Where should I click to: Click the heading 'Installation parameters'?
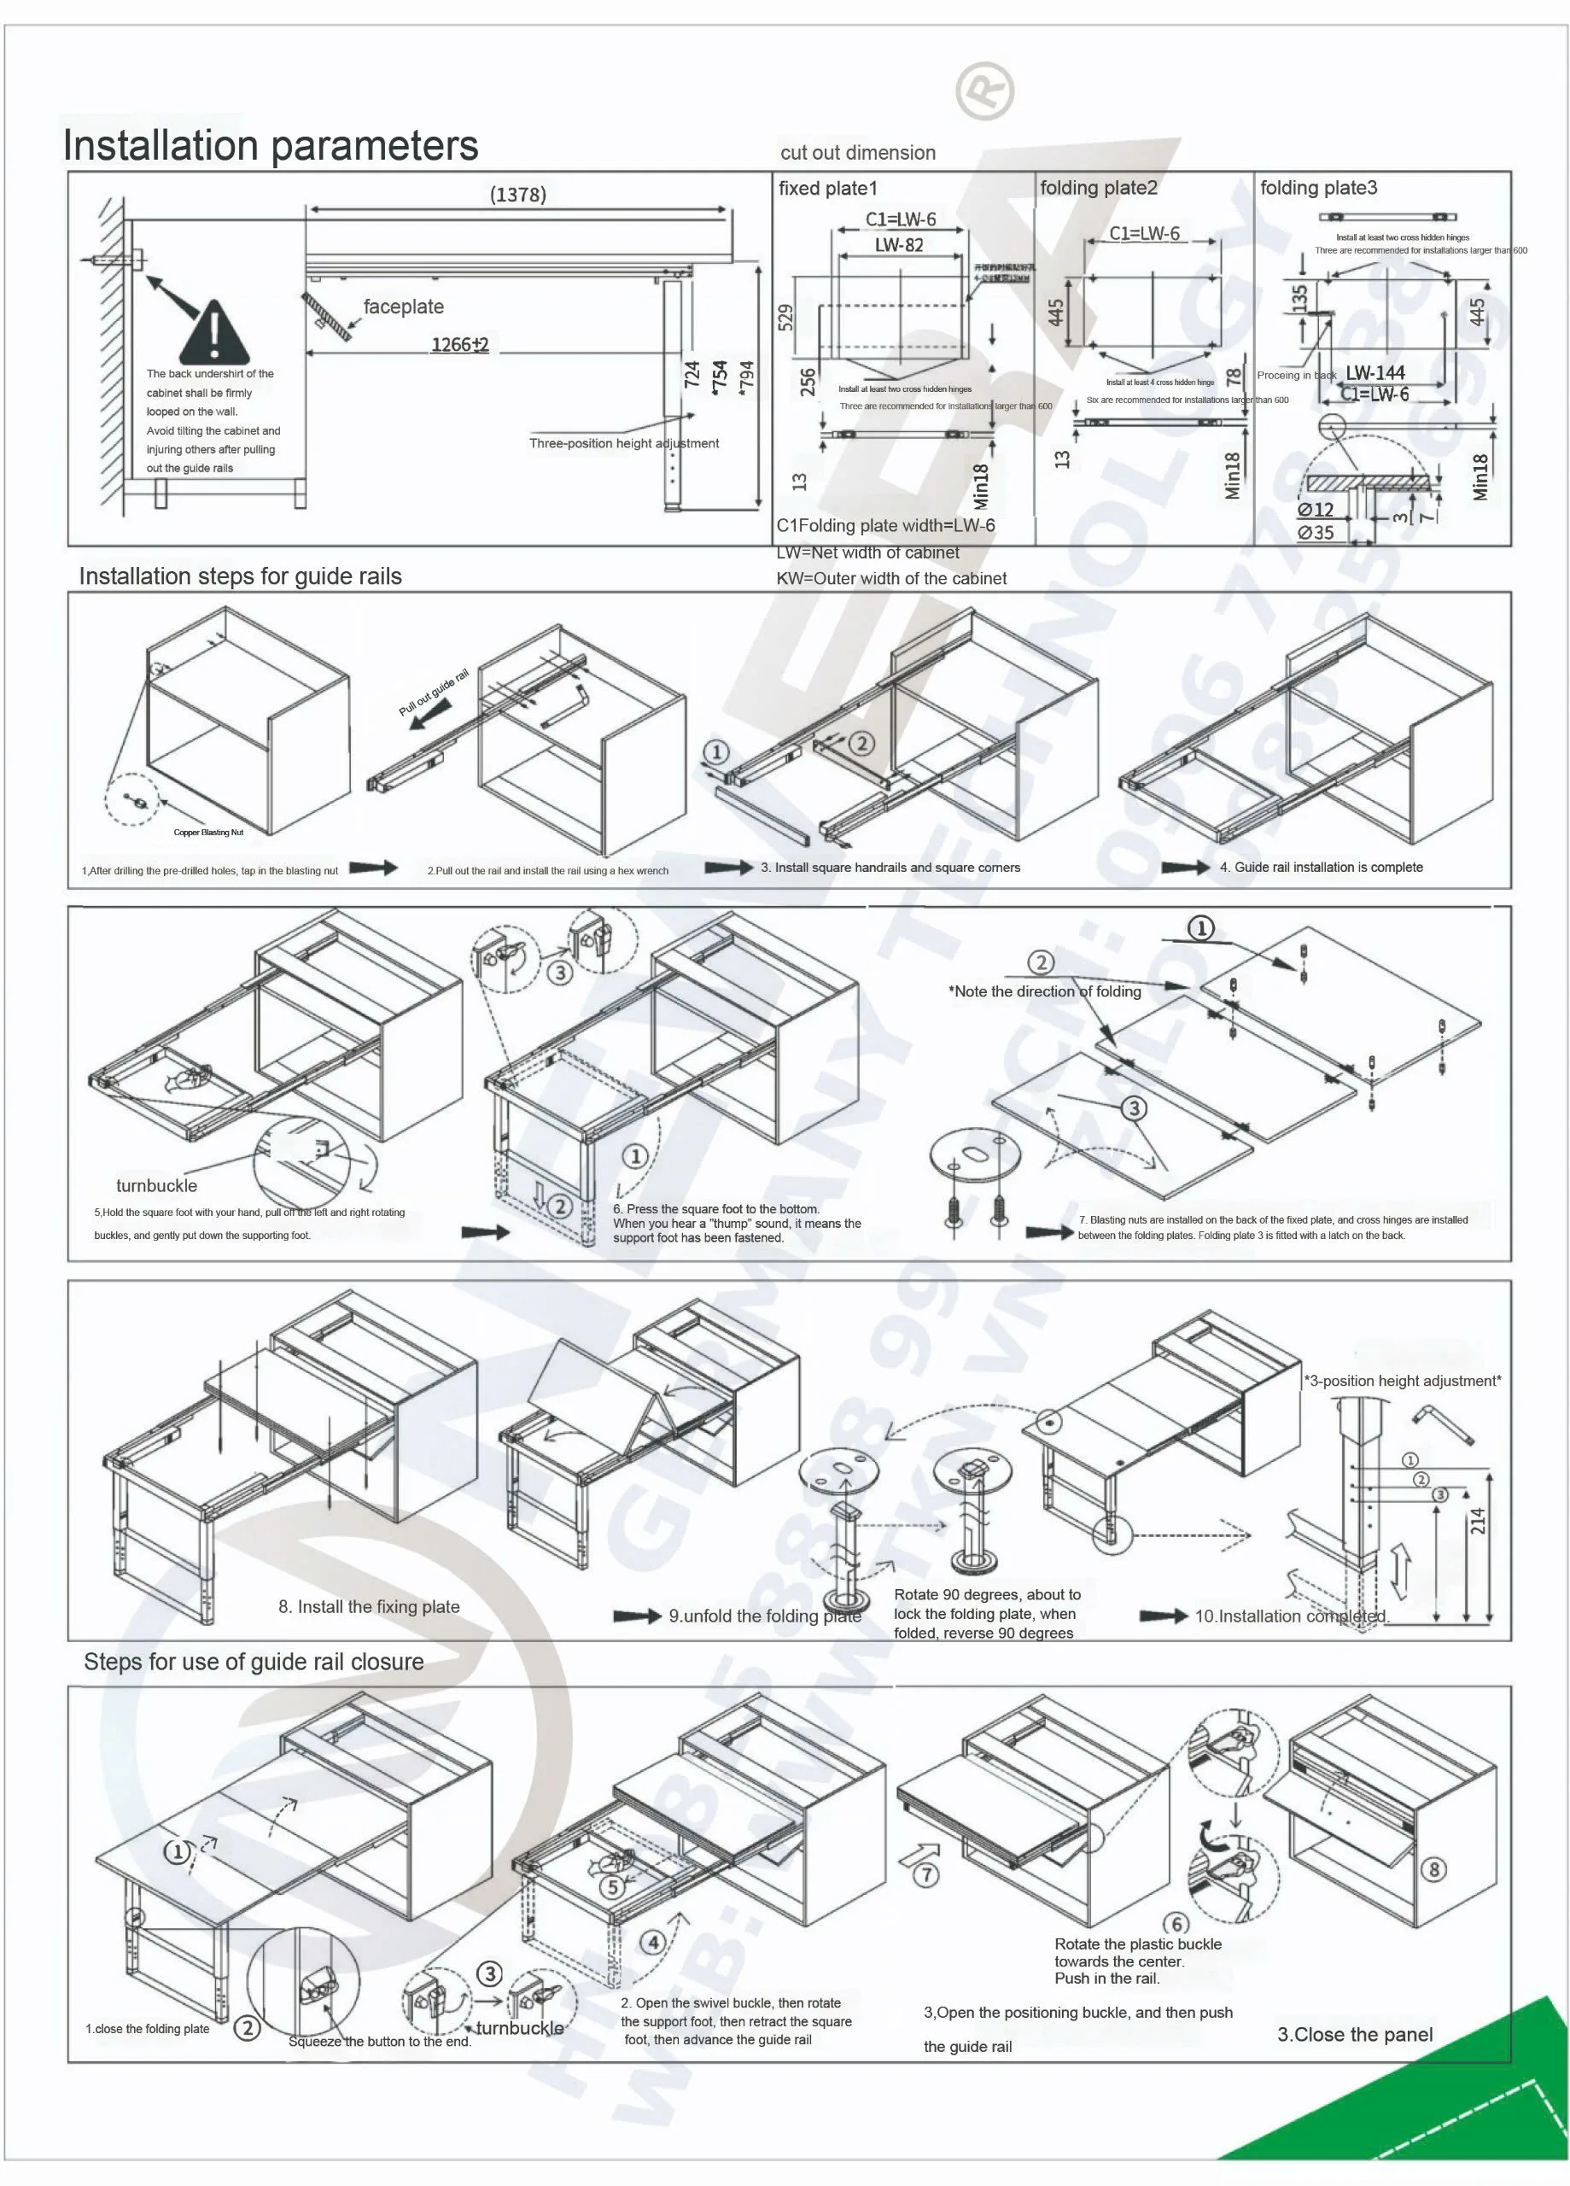click(x=270, y=145)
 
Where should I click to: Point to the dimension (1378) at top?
click(x=517, y=195)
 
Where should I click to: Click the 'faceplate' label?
click(x=403, y=307)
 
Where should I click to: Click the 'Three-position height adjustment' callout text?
click(x=623, y=443)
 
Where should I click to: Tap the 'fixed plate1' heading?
click(x=828, y=188)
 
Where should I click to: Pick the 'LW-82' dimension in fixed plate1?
click(x=898, y=245)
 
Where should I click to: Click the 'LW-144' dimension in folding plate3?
click(x=1374, y=372)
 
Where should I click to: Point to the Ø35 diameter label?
click(x=1315, y=532)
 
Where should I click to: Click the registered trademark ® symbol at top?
click(x=984, y=91)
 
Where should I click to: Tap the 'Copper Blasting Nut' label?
click(x=208, y=832)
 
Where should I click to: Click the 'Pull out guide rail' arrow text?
click(x=433, y=692)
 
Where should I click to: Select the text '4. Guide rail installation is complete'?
click(x=1321, y=868)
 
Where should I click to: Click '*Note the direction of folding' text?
click(x=1045, y=991)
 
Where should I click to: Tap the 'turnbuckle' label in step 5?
click(x=156, y=1185)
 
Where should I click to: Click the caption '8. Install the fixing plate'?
click(x=368, y=1607)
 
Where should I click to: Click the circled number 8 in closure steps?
click(x=1433, y=1870)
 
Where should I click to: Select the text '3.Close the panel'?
click(x=1354, y=2035)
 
